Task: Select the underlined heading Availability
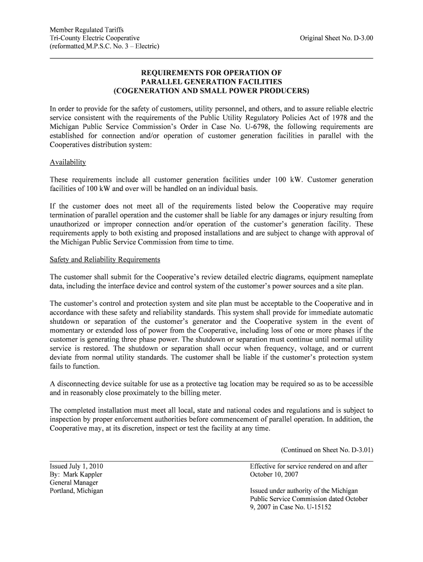68,162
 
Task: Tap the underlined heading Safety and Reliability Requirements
105,259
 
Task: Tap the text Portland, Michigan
76,491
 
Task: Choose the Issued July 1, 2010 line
76,466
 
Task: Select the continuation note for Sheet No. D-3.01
327,449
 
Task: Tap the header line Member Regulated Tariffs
87,30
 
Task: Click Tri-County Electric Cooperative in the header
94,38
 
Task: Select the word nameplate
352,277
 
